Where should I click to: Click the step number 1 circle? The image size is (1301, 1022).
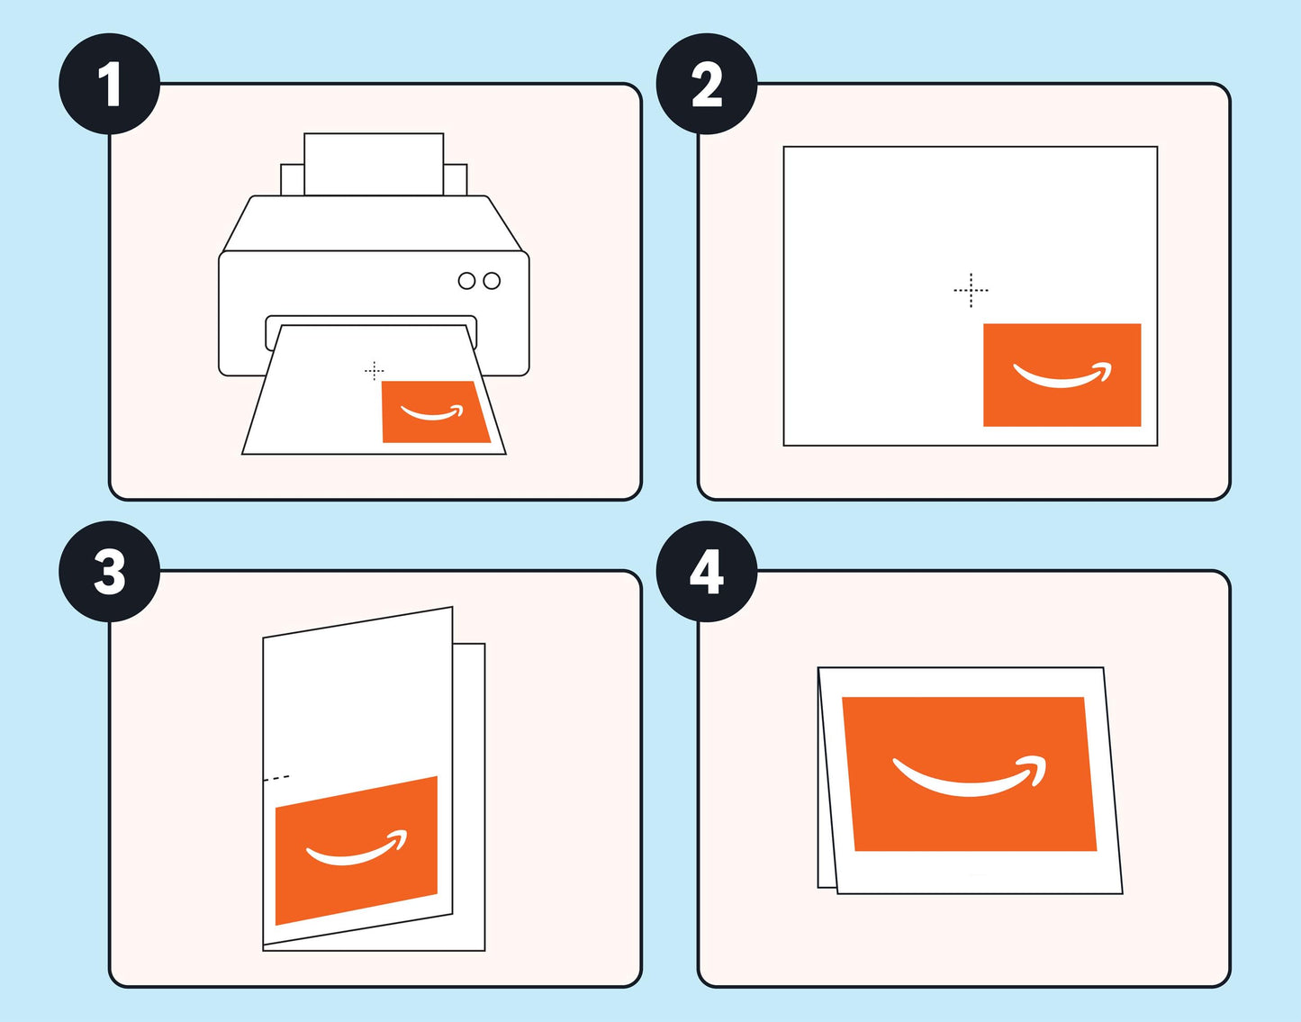pyautogui.click(x=109, y=85)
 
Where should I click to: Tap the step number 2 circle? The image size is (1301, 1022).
pyautogui.click(x=707, y=85)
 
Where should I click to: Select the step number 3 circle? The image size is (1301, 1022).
pyautogui.click(x=109, y=572)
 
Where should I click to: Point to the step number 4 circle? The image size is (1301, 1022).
pyautogui.click(x=707, y=572)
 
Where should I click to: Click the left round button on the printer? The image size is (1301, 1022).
pyautogui.click(x=466, y=281)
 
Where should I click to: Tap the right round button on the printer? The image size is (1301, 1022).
pyautogui.click(x=492, y=281)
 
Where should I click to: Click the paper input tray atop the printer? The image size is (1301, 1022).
pyautogui.click(x=374, y=164)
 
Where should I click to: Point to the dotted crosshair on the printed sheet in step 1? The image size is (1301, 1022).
pyautogui.click(x=375, y=370)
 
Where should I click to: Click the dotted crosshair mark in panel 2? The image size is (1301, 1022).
pyautogui.click(x=971, y=290)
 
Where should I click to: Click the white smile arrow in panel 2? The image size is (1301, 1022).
pyautogui.click(x=1062, y=375)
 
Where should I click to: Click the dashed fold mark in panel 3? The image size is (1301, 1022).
pyautogui.click(x=276, y=777)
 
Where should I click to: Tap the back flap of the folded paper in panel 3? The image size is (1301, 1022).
pyautogui.click(x=469, y=792)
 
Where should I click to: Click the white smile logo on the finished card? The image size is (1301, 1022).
pyautogui.click(x=971, y=778)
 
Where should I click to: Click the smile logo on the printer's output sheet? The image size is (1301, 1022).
pyautogui.click(x=432, y=413)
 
